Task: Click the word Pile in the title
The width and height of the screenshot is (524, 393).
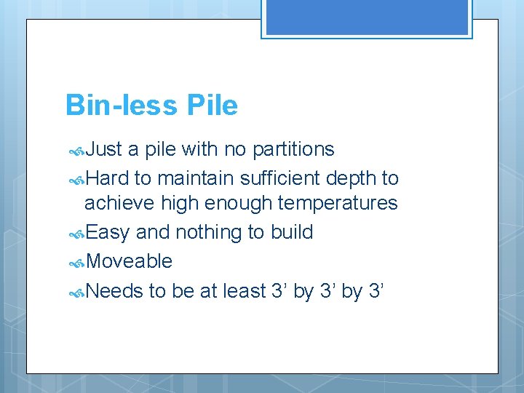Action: tap(212, 106)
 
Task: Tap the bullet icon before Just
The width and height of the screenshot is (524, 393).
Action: tap(76, 151)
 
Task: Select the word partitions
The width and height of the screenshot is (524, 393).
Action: tap(293, 150)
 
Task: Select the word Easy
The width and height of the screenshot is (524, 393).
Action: tap(108, 232)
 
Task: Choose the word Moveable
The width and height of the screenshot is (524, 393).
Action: tap(130, 261)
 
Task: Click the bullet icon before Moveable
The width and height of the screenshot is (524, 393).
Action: tap(76, 263)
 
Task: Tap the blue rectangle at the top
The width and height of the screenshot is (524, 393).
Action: tap(366, 17)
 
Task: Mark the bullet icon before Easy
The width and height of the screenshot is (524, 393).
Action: tap(76, 234)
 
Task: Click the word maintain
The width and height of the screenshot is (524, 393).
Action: tap(189, 179)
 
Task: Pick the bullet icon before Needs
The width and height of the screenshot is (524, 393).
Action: tap(76, 293)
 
